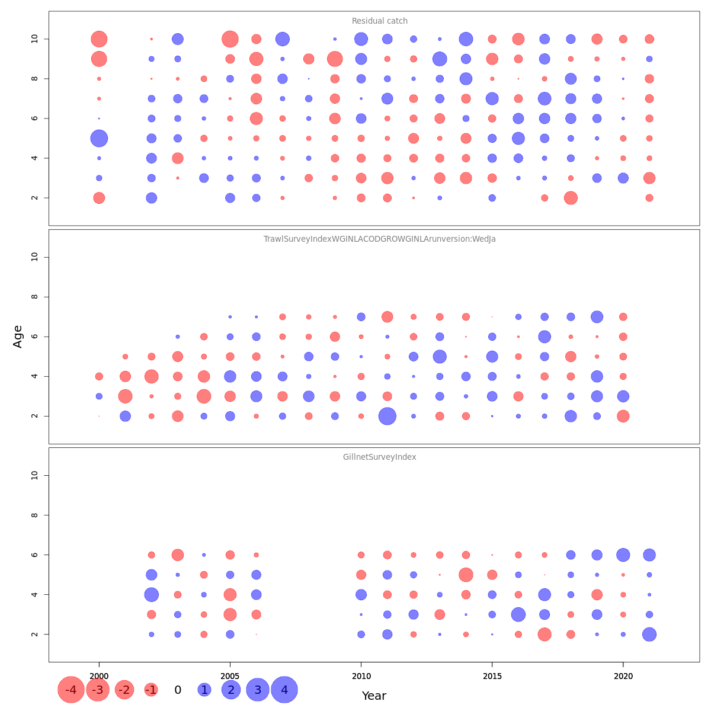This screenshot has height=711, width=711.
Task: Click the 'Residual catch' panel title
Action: pos(380,21)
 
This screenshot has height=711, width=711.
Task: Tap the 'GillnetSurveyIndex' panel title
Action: pos(379,457)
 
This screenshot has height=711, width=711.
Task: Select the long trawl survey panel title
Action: pos(379,239)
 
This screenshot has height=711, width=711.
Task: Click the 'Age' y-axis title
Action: pos(18,336)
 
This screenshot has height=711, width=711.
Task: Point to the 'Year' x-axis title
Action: pos(374,696)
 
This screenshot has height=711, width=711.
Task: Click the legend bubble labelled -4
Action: pos(71,690)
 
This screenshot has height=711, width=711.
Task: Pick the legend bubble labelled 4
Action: pos(284,690)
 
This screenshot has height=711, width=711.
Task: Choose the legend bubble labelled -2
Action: pos(124,690)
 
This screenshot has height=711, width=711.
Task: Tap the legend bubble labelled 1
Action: pos(204,690)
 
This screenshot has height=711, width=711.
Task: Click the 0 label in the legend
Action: pos(178,690)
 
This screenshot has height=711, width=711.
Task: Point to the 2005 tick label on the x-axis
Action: pos(230,676)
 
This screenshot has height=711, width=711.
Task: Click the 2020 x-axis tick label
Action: pos(623,676)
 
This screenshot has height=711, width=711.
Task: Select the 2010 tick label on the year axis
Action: pos(361,676)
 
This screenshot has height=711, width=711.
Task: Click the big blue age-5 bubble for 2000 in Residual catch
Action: pos(99,138)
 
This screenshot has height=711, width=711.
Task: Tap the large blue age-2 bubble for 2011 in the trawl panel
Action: pos(387,416)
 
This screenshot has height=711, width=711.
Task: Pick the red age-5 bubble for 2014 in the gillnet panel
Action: pos(466,575)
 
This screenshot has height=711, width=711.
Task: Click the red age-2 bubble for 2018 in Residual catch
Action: pos(571,198)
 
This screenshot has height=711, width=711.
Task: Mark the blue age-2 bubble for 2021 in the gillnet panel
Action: pos(649,634)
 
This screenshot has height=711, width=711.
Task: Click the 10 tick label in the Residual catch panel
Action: pos(35,39)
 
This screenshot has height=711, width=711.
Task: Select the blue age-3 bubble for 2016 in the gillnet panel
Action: pos(518,614)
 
